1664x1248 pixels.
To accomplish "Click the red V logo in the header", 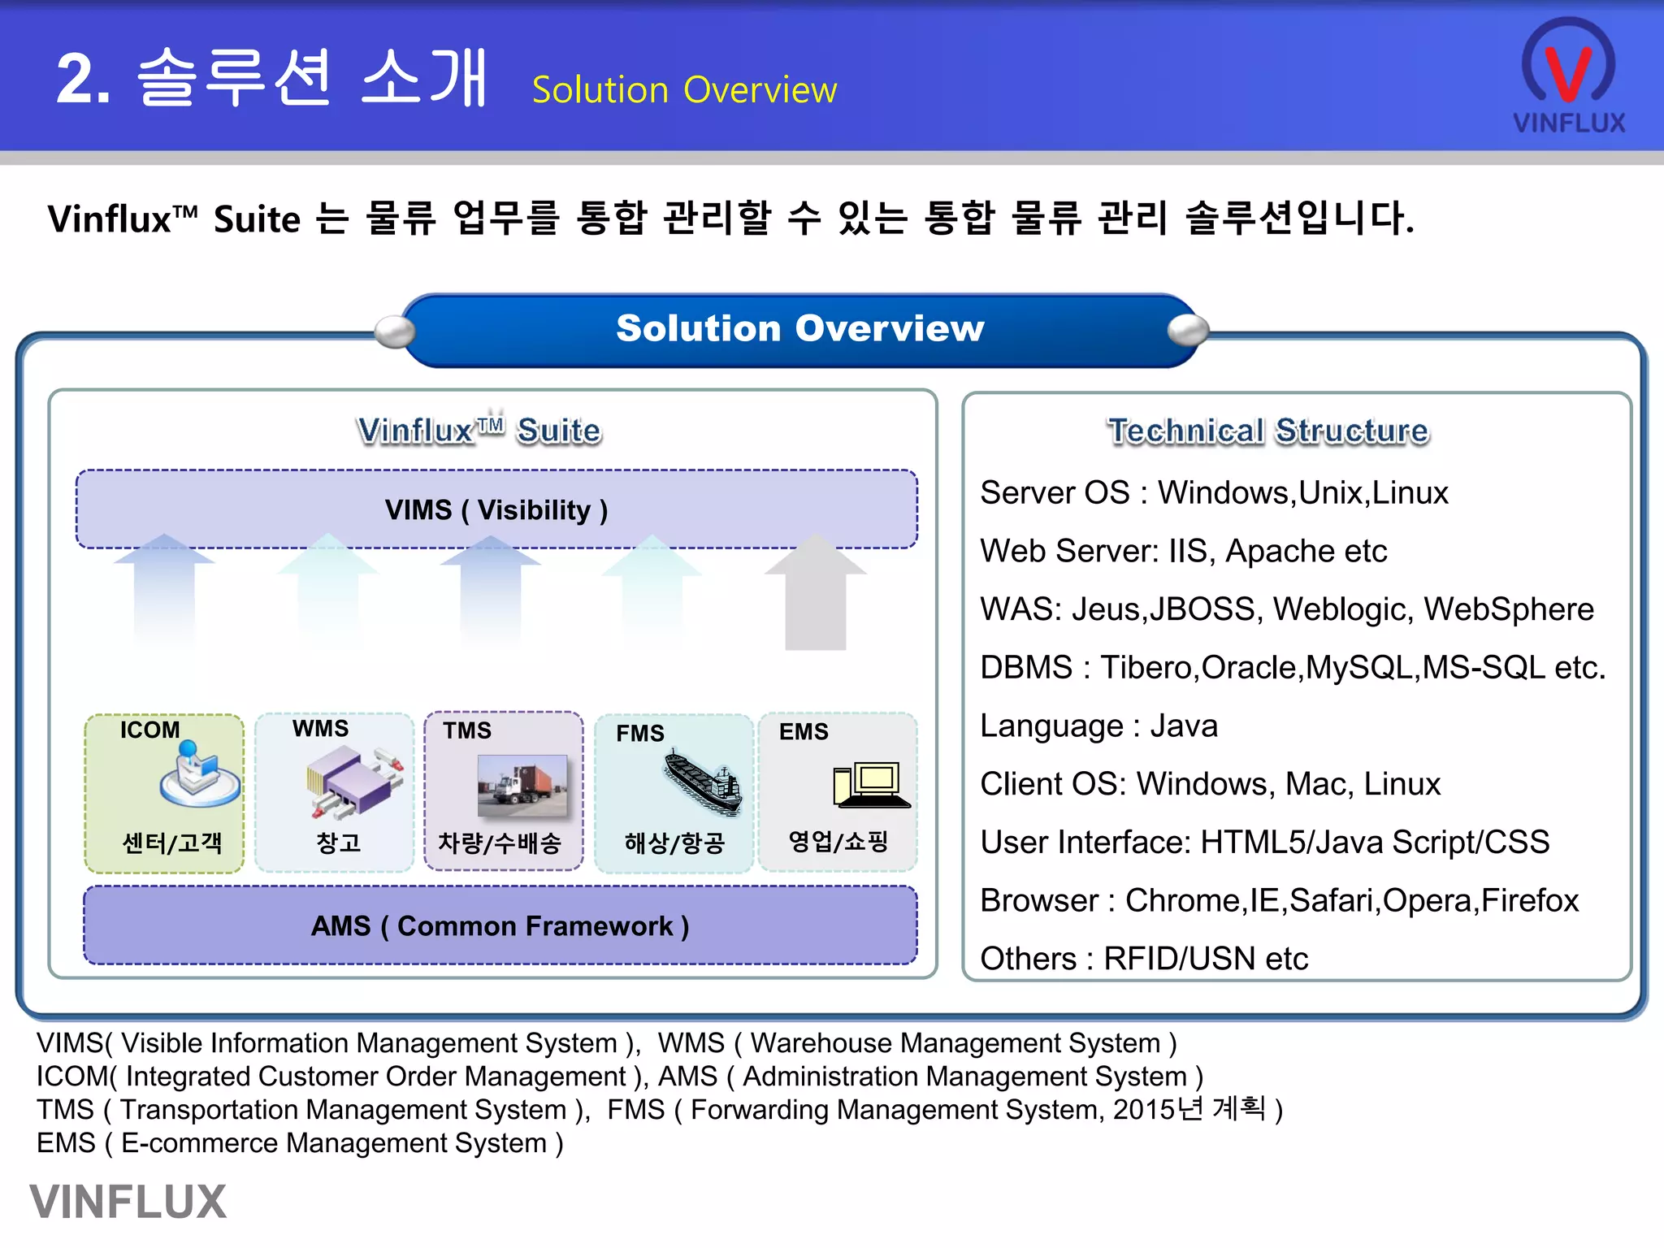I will click(x=1567, y=71).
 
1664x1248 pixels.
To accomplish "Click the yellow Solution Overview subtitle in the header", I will click(x=684, y=89).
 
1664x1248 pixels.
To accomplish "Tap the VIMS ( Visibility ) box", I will click(x=496, y=509).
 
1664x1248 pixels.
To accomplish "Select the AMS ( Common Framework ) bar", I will click(x=500, y=925).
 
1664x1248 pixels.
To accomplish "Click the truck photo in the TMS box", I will click(x=522, y=786).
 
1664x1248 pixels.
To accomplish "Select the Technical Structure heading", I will click(x=1267, y=431).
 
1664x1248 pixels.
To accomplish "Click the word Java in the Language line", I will click(x=1184, y=726).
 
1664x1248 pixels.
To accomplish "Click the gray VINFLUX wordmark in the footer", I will click(x=128, y=1202).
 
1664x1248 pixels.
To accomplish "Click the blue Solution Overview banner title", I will click(x=799, y=328).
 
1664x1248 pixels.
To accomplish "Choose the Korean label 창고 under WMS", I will click(x=338, y=843).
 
